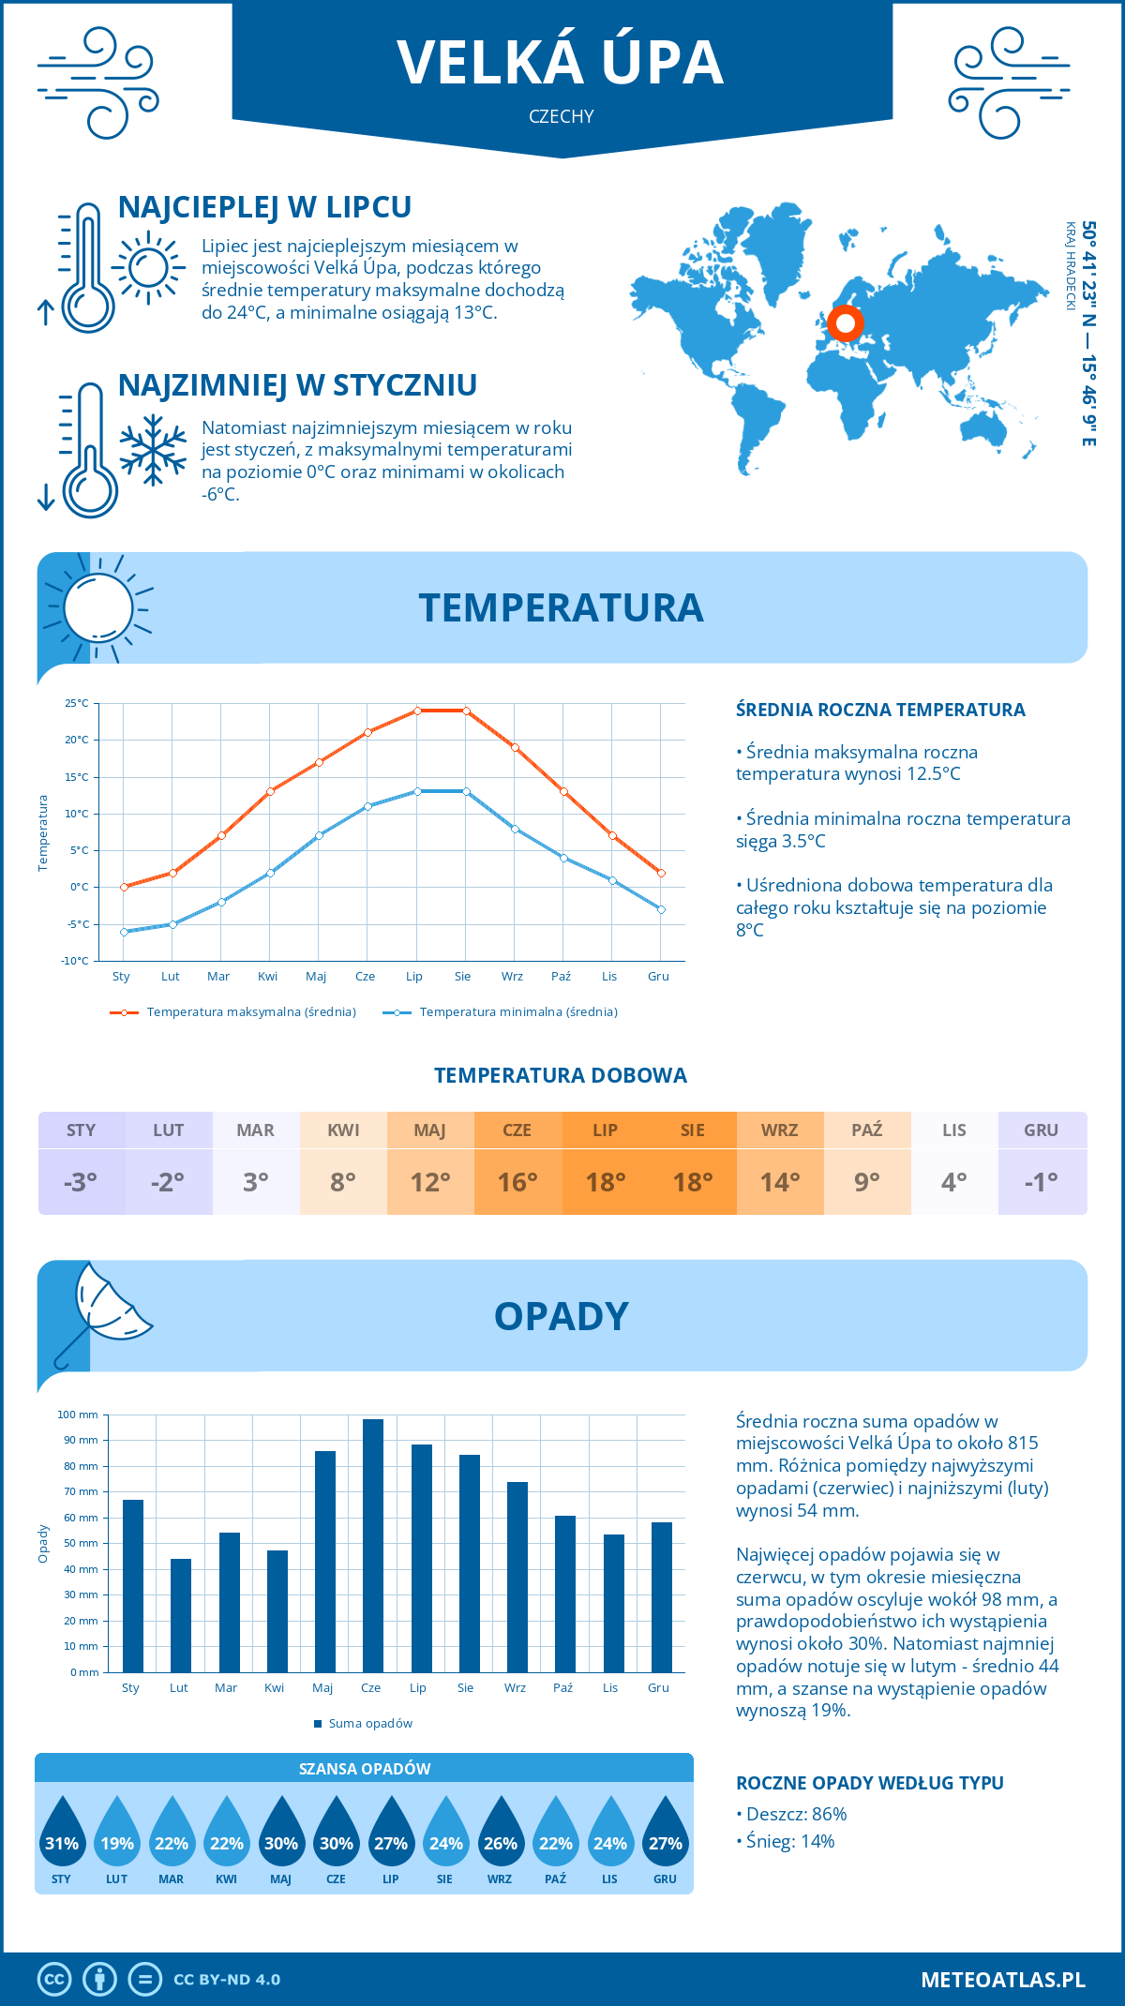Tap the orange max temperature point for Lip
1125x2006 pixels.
click(x=417, y=711)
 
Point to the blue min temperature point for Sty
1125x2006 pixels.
click(x=124, y=932)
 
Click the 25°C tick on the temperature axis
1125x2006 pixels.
click(x=77, y=703)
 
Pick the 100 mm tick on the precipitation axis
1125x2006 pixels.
click(x=78, y=1415)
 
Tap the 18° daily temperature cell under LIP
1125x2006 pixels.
click(x=605, y=1182)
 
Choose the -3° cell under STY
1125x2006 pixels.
click(x=81, y=1182)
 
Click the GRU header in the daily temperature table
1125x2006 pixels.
click(x=1041, y=1130)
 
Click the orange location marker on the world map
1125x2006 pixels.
click(x=846, y=323)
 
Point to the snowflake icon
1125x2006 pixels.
click(x=153, y=450)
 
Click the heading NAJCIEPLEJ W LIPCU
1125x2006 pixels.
click(x=264, y=207)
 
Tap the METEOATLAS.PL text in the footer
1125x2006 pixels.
click(x=1003, y=1979)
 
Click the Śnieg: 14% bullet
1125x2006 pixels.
click(x=790, y=1841)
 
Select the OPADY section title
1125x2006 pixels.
click(x=561, y=1316)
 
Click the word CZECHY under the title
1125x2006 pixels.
click(x=562, y=116)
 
